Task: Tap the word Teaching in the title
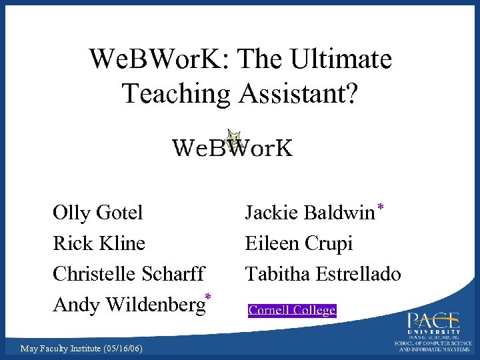pos(173,93)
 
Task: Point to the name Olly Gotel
pos(97,213)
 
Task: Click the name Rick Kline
pos(99,243)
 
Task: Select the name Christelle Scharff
pos(129,274)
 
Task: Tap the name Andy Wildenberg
pos(128,305)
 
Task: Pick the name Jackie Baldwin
pos(309,213)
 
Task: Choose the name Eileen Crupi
pos(299,243)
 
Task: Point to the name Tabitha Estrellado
pos(323,274)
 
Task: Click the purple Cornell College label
pos(292,310)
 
